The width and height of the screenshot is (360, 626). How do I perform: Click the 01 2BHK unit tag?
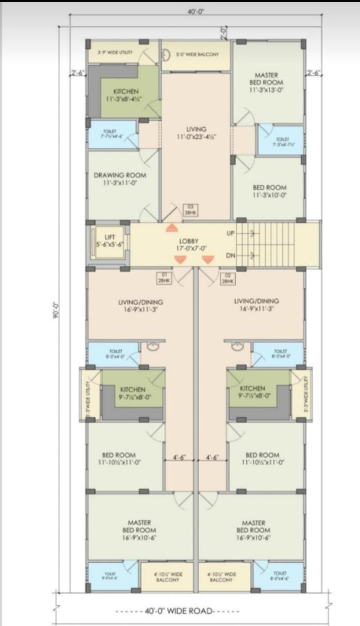point(164,278)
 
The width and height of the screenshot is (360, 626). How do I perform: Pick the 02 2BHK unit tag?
point(227,278)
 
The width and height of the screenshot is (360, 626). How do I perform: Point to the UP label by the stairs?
point(230,233)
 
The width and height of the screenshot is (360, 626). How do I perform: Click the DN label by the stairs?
point(230,256)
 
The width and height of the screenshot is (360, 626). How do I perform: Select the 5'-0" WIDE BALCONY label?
point(197,55)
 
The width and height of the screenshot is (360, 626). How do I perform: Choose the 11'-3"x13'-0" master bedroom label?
point(266,83)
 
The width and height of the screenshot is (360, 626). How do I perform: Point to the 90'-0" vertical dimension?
point(56,310)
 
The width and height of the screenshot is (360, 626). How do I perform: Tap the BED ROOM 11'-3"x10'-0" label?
point(269,191)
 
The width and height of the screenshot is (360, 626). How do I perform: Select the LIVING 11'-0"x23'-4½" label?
point(196,133)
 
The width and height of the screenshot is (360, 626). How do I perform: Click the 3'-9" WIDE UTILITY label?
point(115,52)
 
